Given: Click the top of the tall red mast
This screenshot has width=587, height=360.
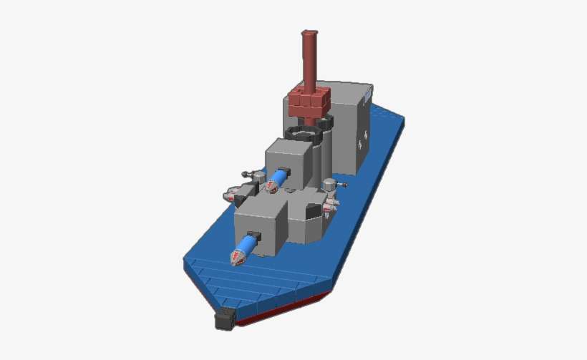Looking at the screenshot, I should coord(309,34).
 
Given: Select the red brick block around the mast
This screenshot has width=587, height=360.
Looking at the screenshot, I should coord(309,99).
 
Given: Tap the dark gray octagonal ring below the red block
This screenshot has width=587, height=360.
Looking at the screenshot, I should coord(304,133).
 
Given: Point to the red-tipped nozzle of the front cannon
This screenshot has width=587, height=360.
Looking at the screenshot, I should coord(237,257).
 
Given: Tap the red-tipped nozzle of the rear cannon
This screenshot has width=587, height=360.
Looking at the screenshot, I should coord(271,188).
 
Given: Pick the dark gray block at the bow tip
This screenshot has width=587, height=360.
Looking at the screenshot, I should coord(225,319).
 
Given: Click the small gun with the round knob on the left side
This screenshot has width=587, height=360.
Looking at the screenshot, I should coord(252,174).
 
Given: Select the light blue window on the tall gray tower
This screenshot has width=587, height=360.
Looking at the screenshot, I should coord(366,94).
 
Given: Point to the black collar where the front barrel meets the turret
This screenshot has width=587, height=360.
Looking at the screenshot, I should coord(254,235).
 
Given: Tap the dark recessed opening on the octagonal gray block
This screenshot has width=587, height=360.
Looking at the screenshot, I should coord(312,210).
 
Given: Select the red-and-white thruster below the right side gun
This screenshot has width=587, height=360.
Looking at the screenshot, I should coord(329,208).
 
